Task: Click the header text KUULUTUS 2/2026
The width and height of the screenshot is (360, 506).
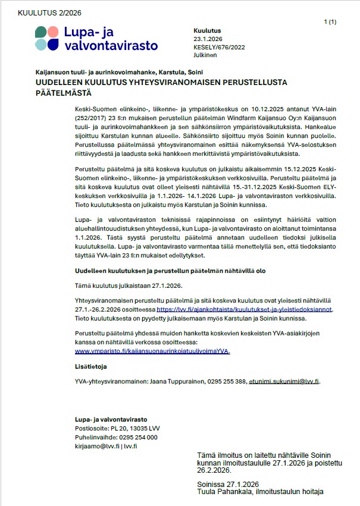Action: point(50,12)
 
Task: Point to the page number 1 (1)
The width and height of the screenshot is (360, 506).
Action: point(330,22)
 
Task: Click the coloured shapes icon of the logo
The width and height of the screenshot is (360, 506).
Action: point(47,38)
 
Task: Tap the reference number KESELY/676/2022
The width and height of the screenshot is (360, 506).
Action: point(219,47)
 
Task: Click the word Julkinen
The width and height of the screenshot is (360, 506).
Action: point(205,55)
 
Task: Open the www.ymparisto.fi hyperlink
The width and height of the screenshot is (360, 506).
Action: point(152,351)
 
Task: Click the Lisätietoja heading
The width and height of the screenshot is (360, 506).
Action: point(91,367)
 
